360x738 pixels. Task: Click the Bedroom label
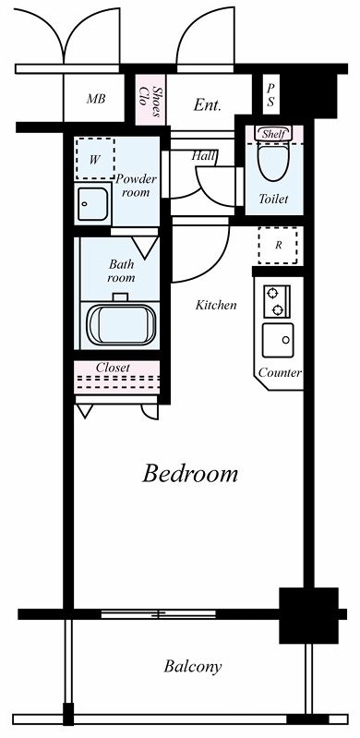point(189,474)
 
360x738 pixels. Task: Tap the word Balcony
point(193,667)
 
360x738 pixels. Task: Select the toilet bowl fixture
point(273,163)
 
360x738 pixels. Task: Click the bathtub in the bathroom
point(122,325)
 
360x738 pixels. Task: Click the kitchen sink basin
point(278,340)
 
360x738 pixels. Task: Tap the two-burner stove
point(277,301)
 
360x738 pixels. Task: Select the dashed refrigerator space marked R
point(278,246)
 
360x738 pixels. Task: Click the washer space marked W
point(95,159)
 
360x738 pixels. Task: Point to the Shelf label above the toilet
point(273,134)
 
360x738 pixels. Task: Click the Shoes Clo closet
point(150,100)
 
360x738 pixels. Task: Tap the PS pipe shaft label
point(270,95)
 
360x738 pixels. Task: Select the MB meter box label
point(95,100)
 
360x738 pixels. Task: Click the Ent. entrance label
point(207,105)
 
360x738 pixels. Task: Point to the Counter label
point(280,373)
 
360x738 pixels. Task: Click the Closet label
point(113,368)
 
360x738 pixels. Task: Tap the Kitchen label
point(216,305)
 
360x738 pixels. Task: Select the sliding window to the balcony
point(159,614)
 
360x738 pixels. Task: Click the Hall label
point(204,156)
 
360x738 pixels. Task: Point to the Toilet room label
point(273,200)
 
